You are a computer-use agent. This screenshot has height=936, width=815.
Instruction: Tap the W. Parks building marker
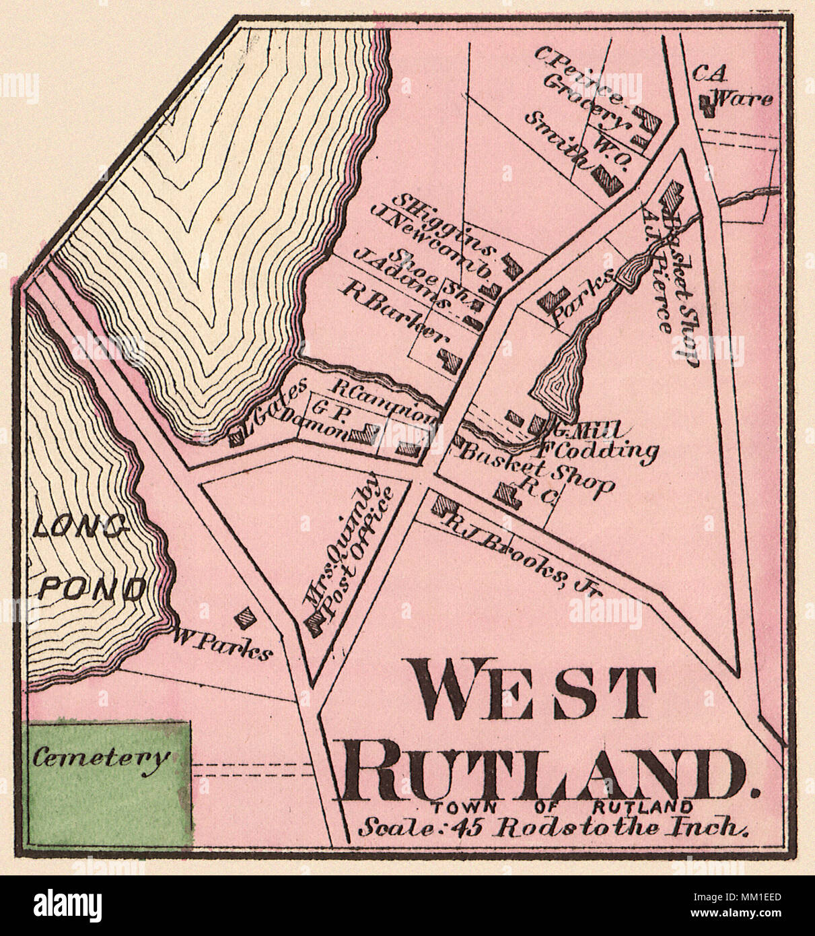tap(247, 615)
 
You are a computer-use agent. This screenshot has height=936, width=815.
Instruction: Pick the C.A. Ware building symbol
tap(705, 102)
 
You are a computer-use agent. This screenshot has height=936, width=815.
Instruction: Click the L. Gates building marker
tap(238, 438)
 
